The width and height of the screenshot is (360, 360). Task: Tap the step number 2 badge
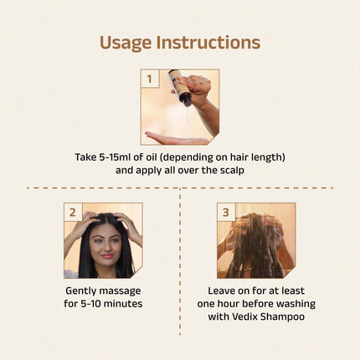tap(73, 212)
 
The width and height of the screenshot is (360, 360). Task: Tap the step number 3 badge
tap(226, 212)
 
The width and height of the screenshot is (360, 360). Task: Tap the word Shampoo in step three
tap(285, 316)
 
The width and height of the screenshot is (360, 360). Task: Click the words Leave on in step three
tap(225, 290)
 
